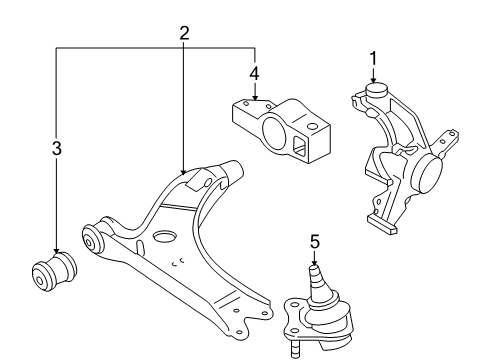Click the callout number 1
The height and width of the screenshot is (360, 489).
coord(374,58)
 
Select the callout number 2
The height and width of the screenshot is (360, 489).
coord(184,33)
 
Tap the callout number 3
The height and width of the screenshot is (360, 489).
coord(57,148)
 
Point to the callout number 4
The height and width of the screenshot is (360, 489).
coord(254,74)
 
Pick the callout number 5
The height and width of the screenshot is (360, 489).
coord(315,241)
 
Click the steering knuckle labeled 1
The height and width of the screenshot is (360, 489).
coord(406,158)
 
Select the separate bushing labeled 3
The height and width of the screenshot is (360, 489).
coord(54,272)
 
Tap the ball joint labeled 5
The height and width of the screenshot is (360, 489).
coord(318,312)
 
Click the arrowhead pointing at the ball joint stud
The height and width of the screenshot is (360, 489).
coord(315,263)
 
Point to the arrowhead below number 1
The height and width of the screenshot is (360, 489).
coord(374,80)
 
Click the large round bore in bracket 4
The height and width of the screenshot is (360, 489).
coord(274,133)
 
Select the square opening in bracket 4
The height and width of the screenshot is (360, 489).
coord(299,146)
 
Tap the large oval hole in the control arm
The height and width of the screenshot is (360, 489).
coord(164,236)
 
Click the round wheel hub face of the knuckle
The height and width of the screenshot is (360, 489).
coord(430,174)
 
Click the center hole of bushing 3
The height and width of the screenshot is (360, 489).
coord(40,280)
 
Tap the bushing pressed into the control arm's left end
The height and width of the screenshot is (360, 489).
coord(92,238)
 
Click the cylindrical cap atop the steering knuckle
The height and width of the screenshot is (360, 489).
coord(376,90)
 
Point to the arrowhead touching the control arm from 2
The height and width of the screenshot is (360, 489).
coord(184,172)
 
